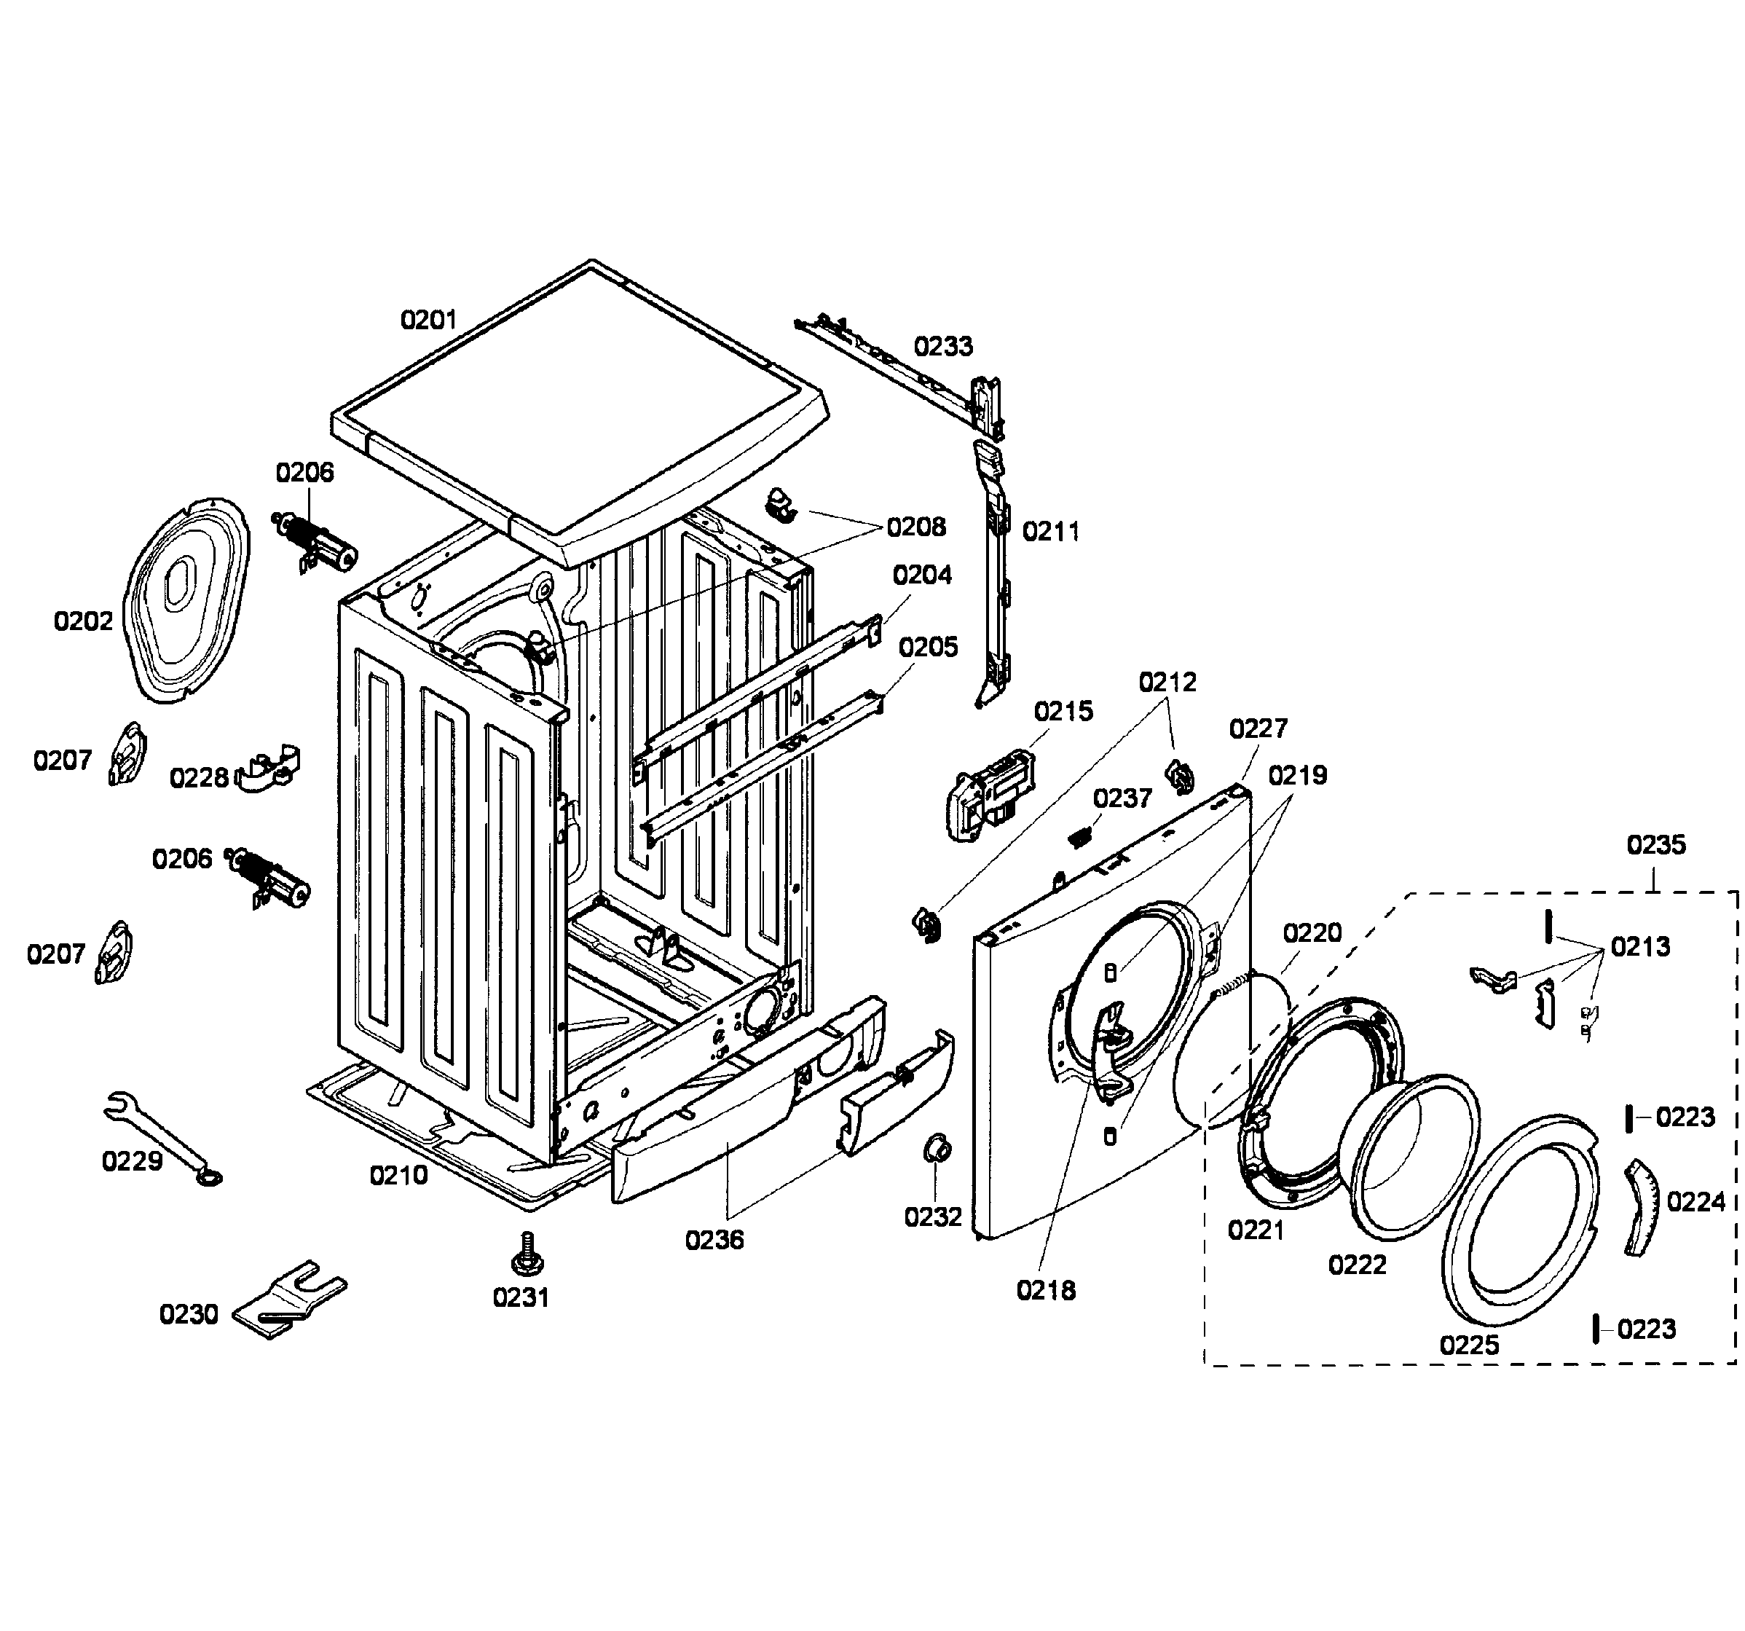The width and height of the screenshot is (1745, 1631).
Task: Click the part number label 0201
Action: pyautogui.click(x=428, y=320)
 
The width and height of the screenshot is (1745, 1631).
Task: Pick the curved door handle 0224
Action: pyautogui.click(x=1637, y=1207)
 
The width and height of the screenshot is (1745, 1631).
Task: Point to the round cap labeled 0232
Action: pyautogui.click(x=937, y=1148)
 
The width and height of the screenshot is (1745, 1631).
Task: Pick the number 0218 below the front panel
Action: pyautogui.click(x=1045, y=1290)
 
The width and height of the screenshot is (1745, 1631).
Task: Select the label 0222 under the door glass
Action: pyautogui.click(x=1357, y=1265)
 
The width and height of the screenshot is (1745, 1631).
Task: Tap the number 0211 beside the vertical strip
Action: pyautogui.click(x=1051, y=531)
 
